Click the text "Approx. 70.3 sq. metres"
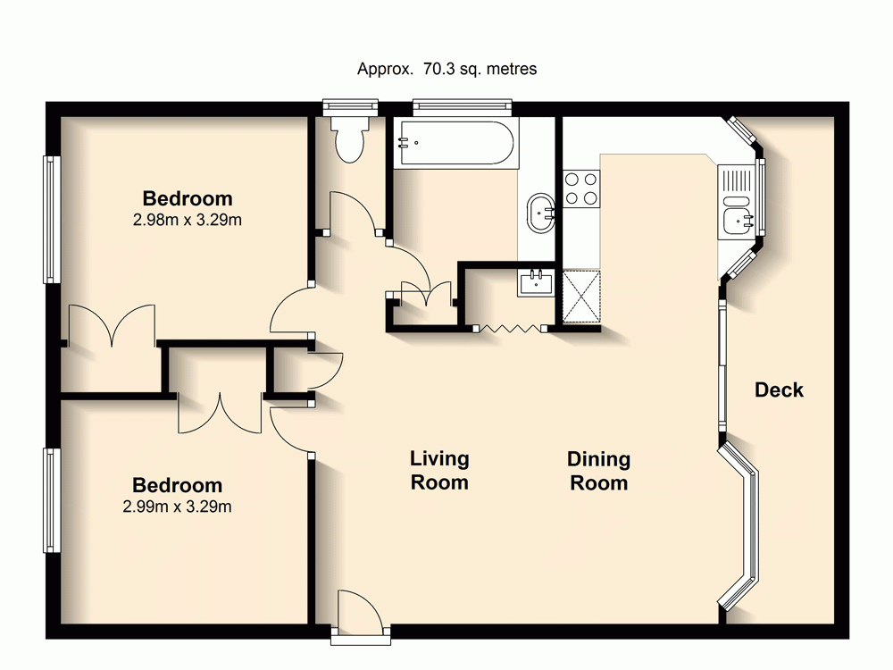click(446, 69)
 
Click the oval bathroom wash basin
click(542, 214)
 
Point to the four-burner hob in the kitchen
click(581, 188)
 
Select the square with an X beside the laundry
click(582, 295)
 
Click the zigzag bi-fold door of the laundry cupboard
click(510, 329)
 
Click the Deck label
click(779, 389)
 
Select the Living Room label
click(439, 471)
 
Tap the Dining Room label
click(599, 472)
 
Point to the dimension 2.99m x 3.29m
click(177, 507)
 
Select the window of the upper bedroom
click(52, 220)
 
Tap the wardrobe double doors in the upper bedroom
click(112, 326)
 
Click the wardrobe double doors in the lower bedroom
click(219, 413)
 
